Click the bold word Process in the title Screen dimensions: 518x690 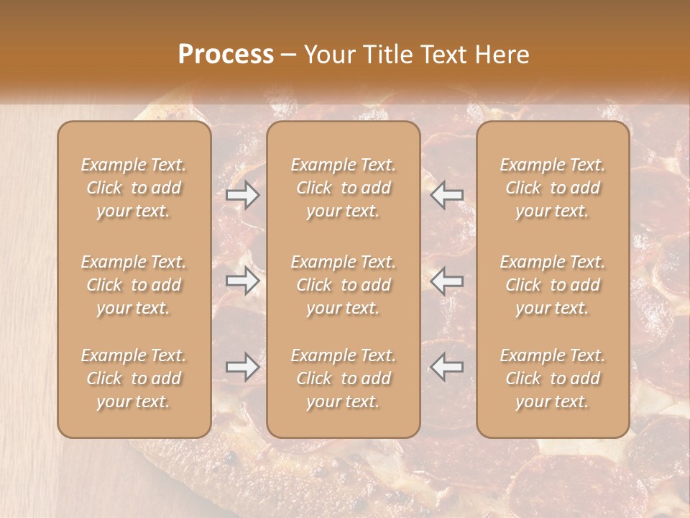pos(226,55)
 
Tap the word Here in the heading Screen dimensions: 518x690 pos(502,55)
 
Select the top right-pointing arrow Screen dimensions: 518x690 pos(243,195)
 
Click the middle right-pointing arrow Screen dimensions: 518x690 pos(243,281)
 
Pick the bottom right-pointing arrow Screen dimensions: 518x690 pos(243,367)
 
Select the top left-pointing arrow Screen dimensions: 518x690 pos(447,195)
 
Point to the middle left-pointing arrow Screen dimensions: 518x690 pos(447,281)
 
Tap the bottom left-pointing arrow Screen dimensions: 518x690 pos(447,367)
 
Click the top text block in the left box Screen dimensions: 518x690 pos(134,188)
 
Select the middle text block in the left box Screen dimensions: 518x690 pos(134,285)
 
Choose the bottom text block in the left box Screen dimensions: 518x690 pos(134,378)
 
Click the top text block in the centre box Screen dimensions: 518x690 pos(343,188)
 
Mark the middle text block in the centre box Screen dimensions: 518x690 pos(343,285)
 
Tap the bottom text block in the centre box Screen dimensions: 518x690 pos(343,378)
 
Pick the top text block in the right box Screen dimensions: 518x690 pos(552,188)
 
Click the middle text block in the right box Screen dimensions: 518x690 pos(552,285)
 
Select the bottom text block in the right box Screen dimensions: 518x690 pos(552,378)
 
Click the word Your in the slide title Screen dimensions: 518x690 pos(327,55)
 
